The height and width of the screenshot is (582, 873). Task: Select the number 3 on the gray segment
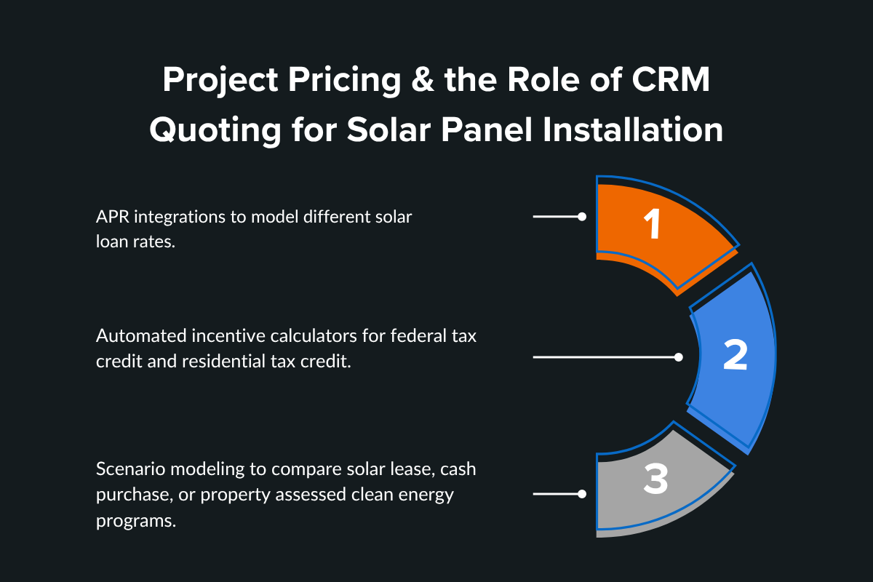click(x=655, y=481)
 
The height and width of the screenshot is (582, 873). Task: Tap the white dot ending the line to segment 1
click(x=581, y=217)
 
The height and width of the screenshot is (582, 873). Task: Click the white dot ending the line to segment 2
click(x=678, y=357)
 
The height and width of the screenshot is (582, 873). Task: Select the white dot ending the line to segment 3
click(x=581, y=494)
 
